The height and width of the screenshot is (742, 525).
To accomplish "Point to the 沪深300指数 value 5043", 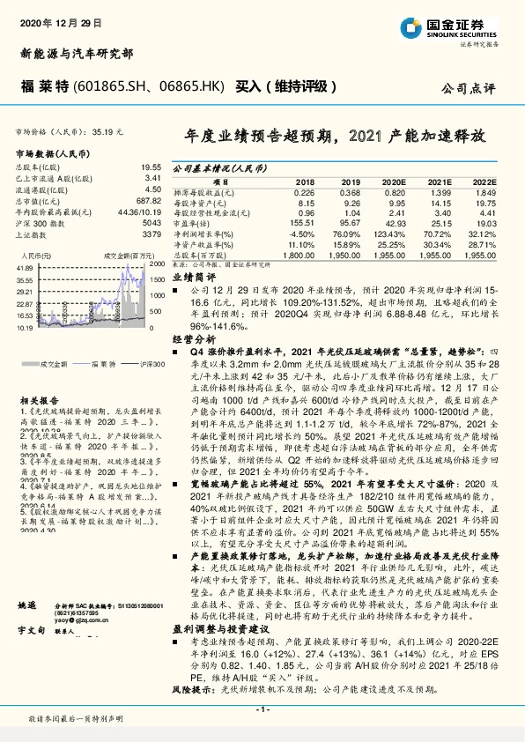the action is pos(152,223).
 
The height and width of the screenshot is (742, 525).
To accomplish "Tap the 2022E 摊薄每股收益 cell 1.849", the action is pos(485,192).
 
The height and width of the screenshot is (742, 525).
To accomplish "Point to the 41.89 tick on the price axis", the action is pos(25,267).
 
